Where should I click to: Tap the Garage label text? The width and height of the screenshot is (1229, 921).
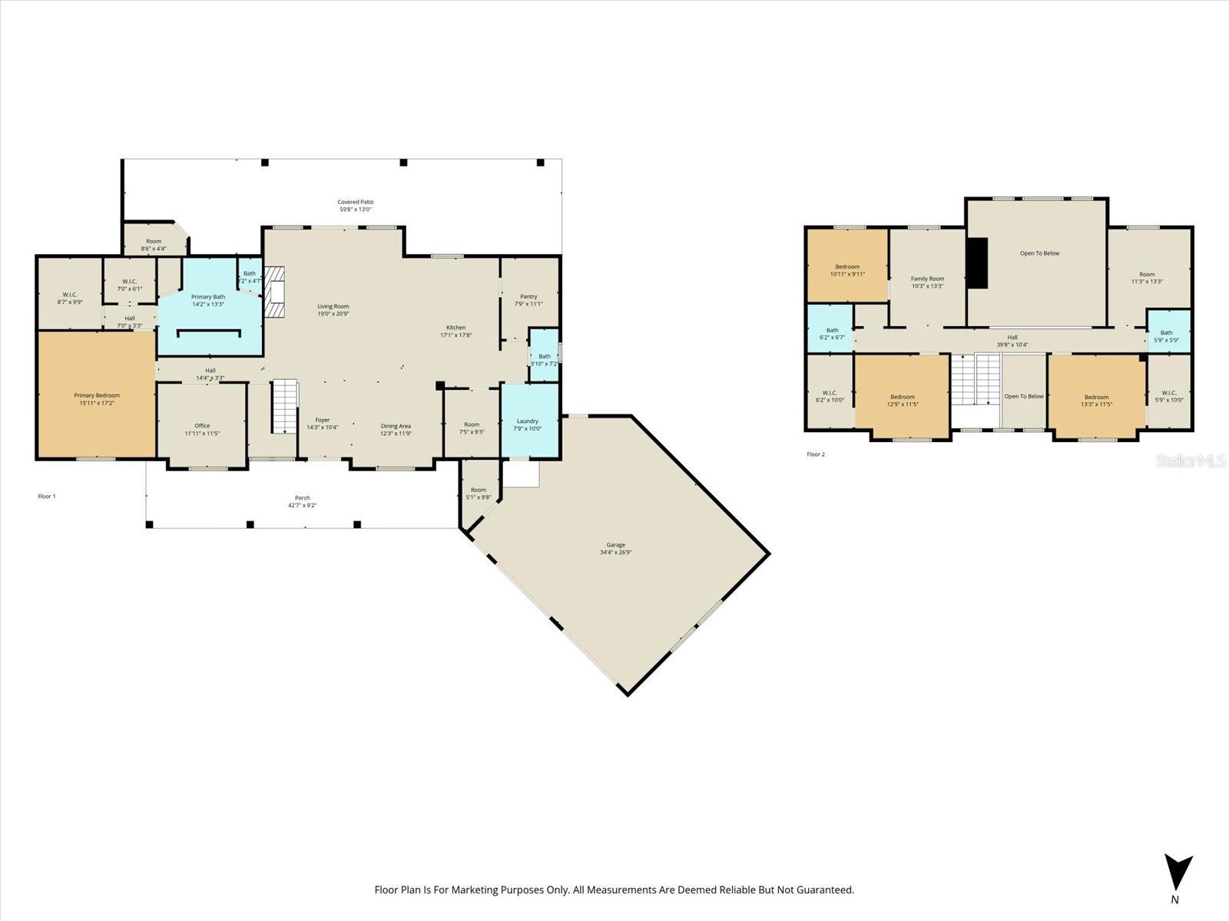click(615, 545)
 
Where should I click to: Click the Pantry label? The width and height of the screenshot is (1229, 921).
click(528, 296)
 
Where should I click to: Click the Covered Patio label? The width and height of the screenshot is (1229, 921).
click(356, 202)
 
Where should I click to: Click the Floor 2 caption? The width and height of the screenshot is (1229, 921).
click(816, 454)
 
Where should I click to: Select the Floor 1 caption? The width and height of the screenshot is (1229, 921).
click(47, 497)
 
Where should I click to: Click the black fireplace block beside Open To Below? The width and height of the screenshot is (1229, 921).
click(977, 262)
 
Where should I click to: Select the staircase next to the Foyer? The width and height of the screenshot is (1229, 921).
click(285, 404)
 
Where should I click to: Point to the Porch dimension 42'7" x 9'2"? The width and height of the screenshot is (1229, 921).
click(303, 505)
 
